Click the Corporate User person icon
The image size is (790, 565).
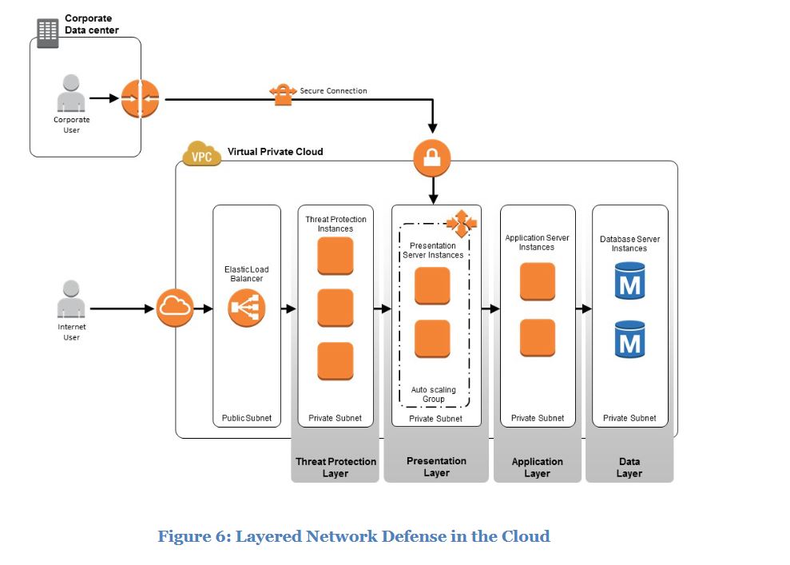pos(71,94)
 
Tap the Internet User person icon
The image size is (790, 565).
pos(71,300)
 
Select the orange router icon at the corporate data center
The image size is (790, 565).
pos(141,99)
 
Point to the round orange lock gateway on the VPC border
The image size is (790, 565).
pos(432,158)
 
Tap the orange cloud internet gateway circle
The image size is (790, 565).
pos(175,308)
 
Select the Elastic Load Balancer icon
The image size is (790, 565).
pos(247,308)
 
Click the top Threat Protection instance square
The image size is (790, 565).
pos(335,256)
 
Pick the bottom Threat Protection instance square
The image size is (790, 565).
pos(335,361)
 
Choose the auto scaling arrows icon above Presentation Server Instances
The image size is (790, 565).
pos(461,221)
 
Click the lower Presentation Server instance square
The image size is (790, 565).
pos(432,338)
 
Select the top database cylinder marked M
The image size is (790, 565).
pos(629,281)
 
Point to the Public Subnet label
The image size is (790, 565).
pos(247,418)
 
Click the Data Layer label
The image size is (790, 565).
pos(629,468)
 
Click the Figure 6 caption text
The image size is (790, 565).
pos(354,536)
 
